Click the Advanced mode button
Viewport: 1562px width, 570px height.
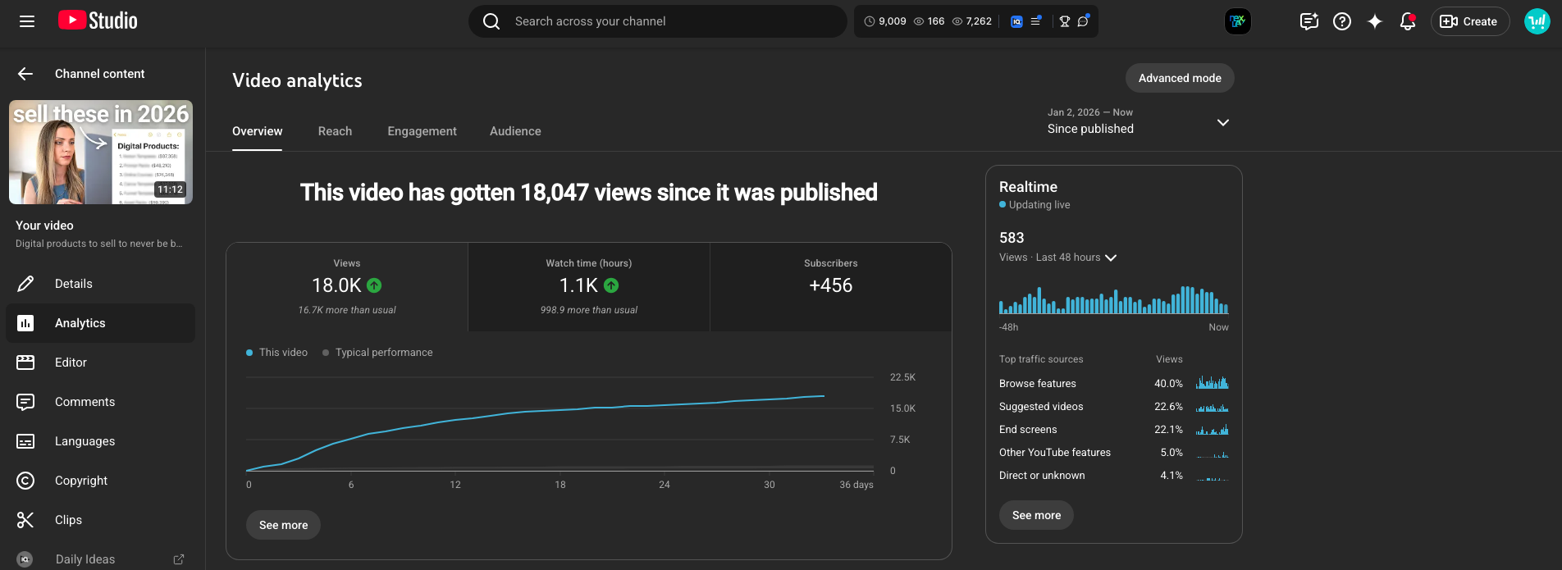coord(1179,78)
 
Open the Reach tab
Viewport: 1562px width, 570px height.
coord(335,131)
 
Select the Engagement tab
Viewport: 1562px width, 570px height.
coord(422,131)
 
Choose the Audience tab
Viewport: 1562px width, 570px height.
coord(515,131)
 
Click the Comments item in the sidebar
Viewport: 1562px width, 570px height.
coord(84,402)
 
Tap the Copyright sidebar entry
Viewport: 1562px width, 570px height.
coord(80,481)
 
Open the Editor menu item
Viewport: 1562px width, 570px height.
coord(71,363)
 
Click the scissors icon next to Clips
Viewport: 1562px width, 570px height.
coord(25,520)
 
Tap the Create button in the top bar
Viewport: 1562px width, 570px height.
coord(1469,21)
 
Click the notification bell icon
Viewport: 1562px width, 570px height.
coord(1407,21)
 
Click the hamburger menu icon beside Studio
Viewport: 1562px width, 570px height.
coord(27,21)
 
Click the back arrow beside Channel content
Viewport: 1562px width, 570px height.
coord(25,74)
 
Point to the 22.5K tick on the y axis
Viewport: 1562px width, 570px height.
coord(902,377)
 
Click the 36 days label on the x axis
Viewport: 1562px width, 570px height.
coord(856,485)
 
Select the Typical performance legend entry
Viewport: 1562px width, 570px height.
coord(383,353)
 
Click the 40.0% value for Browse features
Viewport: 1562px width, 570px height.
coord(1168,383)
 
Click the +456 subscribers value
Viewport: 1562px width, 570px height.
coord(830,285)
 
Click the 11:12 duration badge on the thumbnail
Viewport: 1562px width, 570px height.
coord(170,189)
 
